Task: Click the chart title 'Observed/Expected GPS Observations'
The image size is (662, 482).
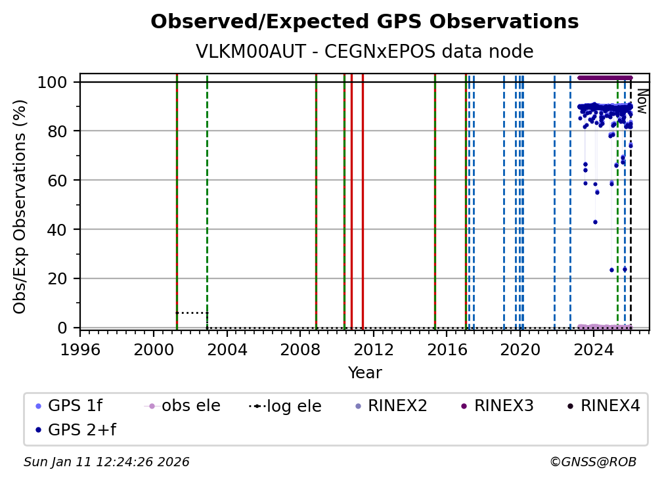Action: (364, 22)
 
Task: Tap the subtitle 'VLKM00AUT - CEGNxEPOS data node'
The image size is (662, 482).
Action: (364, 52)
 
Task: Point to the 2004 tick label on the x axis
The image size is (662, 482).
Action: (227, 349)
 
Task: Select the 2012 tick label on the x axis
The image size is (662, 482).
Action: (373, 349)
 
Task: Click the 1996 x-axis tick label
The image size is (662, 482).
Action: (80, 349)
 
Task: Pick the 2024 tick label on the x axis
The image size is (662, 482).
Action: (593, 349)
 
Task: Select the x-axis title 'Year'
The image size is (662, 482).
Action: (364, 373)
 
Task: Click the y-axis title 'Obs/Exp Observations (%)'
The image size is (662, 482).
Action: (20, 206)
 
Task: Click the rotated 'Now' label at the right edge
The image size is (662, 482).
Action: (642, 101)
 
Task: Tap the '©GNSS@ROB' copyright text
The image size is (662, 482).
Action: (593, 462)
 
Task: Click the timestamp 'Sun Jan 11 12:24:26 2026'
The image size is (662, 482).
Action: (106, 462)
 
